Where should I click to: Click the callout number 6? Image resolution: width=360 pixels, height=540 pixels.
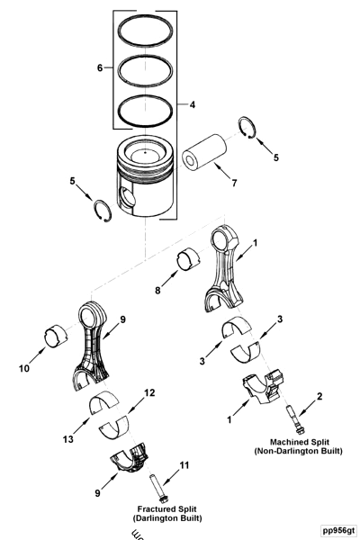coord(101,66)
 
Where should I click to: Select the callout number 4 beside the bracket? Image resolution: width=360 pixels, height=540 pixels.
coord(192,104)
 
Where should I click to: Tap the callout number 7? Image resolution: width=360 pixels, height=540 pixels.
coord(233,184)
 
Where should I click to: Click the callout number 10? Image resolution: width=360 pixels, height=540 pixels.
coord(24,368)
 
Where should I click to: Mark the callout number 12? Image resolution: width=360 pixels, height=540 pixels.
coord(149,392)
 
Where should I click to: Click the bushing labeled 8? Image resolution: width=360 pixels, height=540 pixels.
coord(190,260)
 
